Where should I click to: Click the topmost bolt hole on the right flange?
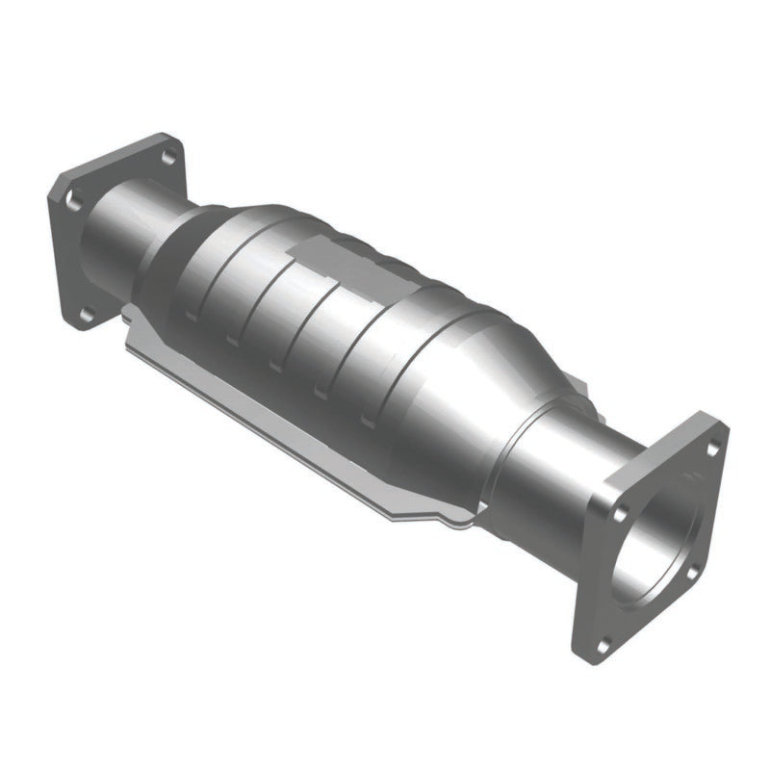pos(712,449)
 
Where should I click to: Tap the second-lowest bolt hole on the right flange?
pos(689,574)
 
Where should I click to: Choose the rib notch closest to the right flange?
pos(366,421)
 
